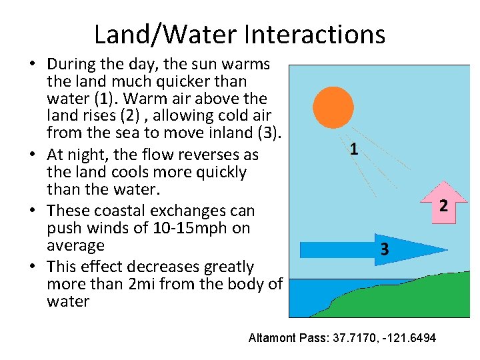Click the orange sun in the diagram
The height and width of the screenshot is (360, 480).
coord(333,107)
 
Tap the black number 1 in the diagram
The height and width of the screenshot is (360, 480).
coord(353,149)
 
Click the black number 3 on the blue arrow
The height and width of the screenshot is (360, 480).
coord(385,250)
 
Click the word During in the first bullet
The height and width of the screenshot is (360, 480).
coord(71,65)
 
